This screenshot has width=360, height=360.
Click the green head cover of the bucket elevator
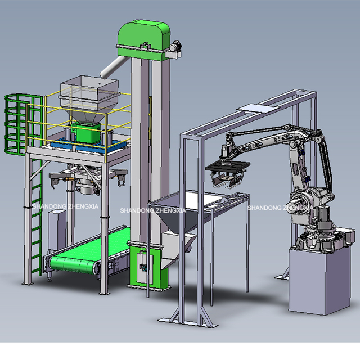[x=143, y=39]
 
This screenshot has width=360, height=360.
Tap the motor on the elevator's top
[x=176, y=46]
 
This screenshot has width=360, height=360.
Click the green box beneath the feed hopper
[x=88, y=133]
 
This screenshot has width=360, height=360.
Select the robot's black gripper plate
[x=227, y=166]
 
